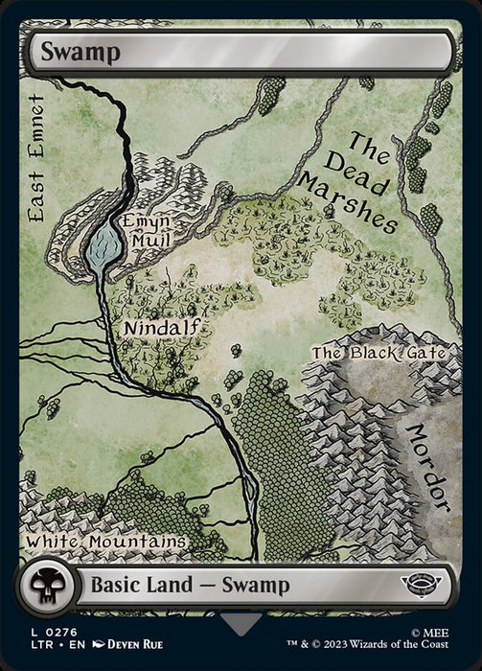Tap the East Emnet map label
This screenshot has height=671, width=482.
coord(36,158)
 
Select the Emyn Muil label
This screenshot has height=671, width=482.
coord(147,231)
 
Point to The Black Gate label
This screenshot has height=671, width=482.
coord(379,353)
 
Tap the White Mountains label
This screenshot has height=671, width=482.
coord(105,542)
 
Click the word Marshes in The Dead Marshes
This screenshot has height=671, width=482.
coord(348,200)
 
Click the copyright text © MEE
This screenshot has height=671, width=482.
coord(448,634)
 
